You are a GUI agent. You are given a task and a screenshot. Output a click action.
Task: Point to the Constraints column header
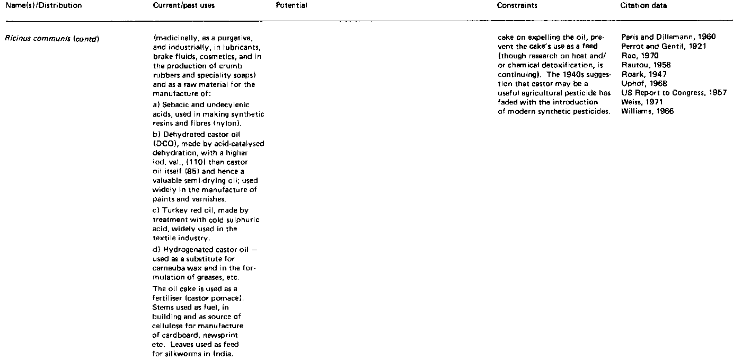tap(517, 6)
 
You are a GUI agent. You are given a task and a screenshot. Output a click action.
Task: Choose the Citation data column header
tap(643, 6)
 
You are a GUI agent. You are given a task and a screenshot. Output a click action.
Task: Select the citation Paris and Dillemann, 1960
tap(668, 37)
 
